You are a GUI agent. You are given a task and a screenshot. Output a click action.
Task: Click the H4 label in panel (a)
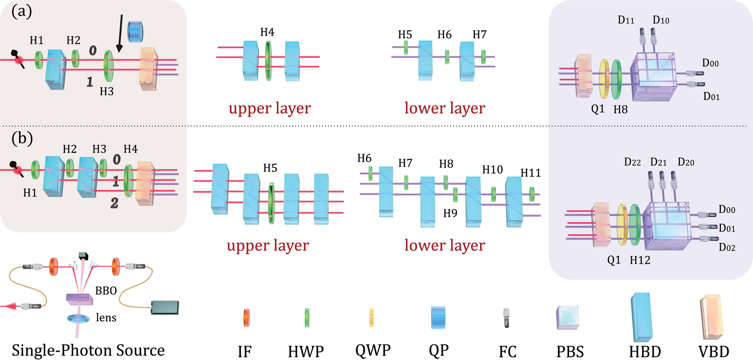coord(267,32)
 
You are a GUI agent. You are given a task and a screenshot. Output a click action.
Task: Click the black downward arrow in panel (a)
coord(120,33)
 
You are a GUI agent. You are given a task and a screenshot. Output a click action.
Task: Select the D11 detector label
coord(626,20)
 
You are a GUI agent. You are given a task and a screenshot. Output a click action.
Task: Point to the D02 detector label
coord(727,247)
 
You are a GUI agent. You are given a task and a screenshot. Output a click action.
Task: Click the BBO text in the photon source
coord(106,291)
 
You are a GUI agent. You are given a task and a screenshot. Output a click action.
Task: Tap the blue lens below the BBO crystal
coord(78,318)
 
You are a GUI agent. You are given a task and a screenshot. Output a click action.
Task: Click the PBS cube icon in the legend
coord(568,317)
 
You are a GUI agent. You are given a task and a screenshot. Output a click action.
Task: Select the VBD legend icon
coord(711,317)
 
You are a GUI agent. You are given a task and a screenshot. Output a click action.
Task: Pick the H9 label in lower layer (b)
coord(450,213)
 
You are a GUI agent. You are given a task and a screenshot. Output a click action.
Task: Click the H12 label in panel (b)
coord(640,260)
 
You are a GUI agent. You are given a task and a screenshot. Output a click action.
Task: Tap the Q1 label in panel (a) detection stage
coord(598,109)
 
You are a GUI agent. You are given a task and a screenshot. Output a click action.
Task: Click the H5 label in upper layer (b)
coord(270,168)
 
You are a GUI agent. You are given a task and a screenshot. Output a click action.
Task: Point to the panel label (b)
coord(22,138)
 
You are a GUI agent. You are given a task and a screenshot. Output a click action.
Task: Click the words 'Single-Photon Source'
coord(88,350)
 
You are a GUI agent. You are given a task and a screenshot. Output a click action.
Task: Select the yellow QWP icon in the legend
coord(371,317)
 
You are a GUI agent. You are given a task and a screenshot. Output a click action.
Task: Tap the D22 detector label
coord(632,162)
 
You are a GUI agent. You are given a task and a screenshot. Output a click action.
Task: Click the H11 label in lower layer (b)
coord(530,172)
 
